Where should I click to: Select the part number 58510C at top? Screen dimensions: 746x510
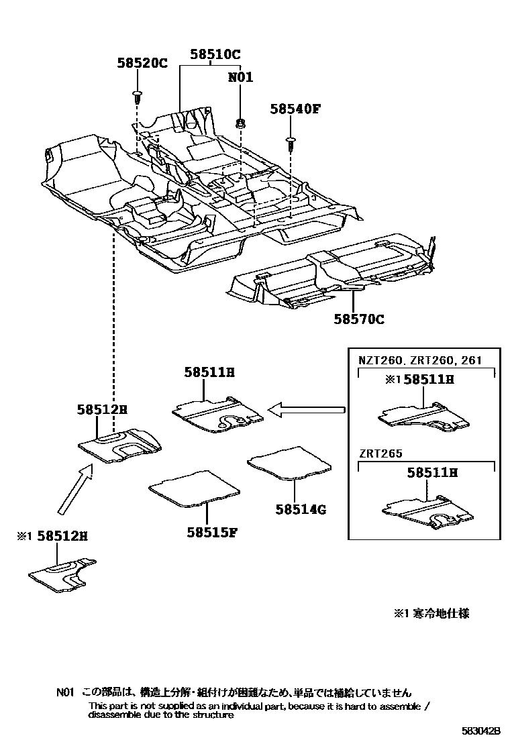pos(215,54)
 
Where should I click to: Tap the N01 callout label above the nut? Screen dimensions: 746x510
pos(240,78)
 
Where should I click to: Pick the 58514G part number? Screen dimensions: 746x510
pos(300,509)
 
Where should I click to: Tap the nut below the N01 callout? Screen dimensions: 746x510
pos(240,122)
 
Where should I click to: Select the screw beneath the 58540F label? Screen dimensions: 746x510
pos(291,142)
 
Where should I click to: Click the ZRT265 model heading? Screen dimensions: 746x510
pos(380,454)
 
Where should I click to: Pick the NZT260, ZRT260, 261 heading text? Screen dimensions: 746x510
pos(419,360)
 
